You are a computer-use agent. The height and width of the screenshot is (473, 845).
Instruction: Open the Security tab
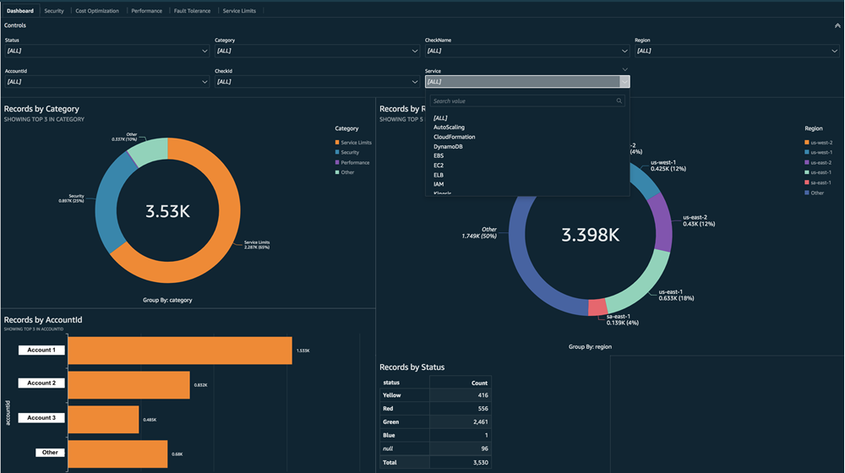[x=54, y=11]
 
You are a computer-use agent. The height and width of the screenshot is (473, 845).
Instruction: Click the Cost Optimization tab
[x=97, y=11]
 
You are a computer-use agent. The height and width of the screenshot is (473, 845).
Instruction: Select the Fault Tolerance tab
[x=192, y=11]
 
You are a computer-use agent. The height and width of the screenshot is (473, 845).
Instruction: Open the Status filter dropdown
[x=106, y=51]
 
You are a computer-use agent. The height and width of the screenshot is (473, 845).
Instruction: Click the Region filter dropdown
[x=736, y=51]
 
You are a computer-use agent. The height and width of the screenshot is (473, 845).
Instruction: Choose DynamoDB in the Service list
[x=448, y=147]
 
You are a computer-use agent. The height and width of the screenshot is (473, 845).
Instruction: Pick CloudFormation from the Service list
[x=454, y=137]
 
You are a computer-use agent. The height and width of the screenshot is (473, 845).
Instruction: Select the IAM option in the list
[x=439, y=184]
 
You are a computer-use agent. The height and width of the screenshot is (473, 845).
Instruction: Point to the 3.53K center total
[x=167, y=211]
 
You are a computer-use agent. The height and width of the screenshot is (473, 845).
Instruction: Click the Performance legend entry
[x=355, y=162]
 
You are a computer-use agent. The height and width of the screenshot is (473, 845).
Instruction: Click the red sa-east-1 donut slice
[x=597, y=306]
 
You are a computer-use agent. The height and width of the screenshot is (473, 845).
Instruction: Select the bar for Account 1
[x=179, y=351]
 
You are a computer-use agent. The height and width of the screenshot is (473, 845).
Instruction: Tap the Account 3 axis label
[x=41, y=418]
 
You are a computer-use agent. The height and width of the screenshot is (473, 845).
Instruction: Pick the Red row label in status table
[x=388, y=409]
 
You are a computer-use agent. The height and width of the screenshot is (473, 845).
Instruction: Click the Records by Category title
[x=41, y=109]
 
